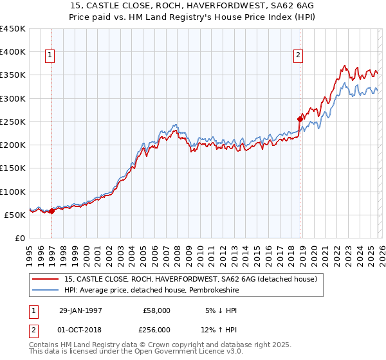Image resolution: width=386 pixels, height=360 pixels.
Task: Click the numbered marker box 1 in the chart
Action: coord(51,56)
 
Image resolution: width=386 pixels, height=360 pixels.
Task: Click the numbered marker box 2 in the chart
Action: coord(299,56)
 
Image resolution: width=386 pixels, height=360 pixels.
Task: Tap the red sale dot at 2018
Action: coord(300,119)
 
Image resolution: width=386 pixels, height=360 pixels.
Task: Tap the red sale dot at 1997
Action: coord(52,211)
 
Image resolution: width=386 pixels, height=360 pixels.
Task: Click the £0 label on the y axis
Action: coord(19,238)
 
